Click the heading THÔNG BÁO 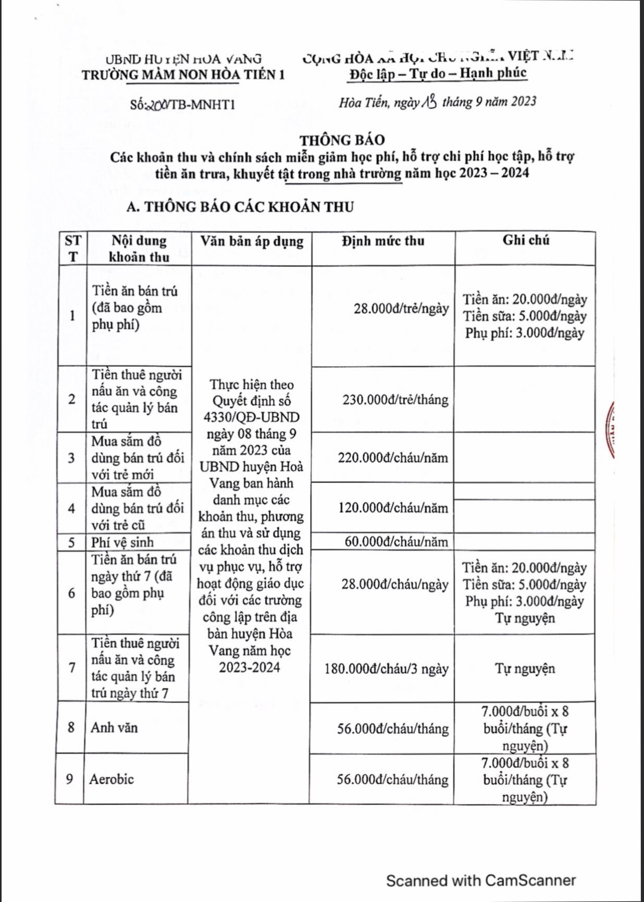click(342, 140)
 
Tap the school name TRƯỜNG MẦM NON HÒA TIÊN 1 click(183, 75)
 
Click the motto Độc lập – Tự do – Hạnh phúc click(438, 73)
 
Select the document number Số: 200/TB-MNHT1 click(182, 105)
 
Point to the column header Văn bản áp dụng click(252, 241)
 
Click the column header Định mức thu click(383, 241)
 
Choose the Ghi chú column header click(525, 240)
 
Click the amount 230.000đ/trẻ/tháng click(395, 400)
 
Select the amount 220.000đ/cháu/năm click(392, 458)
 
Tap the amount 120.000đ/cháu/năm click(393, 508)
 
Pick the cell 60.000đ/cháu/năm click(396, 542)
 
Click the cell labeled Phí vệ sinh click(122, 542)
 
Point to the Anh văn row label click(114, 727)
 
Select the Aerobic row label click(112, 779)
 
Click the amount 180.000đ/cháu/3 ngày click(386, 669)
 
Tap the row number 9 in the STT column click(69, 779)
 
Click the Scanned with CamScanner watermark click(480, 881)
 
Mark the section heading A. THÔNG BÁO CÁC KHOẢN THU click(240, 207)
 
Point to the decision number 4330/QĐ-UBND click(252, 417)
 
